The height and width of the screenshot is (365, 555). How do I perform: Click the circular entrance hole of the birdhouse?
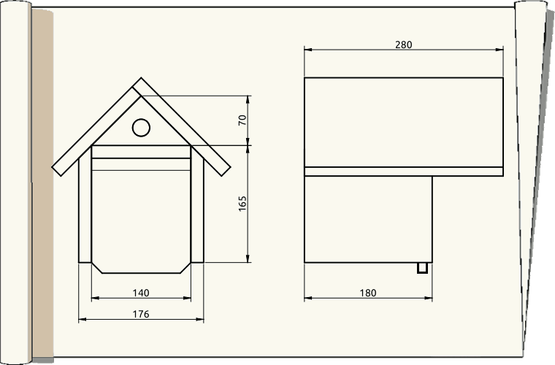click(141, 128)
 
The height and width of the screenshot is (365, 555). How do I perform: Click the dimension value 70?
click(242, 120)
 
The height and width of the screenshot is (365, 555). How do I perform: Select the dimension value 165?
click(242, 204)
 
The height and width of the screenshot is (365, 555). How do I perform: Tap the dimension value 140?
click(141, 293)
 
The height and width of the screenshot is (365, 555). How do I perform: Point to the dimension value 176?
click(141, 315)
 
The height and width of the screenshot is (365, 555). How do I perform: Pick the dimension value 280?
click(403, 45)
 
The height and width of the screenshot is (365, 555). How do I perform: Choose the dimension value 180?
click(368, 293)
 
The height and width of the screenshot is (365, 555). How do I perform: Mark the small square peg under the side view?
click(422, 268)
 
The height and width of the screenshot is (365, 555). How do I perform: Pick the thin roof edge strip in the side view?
click(403, 172)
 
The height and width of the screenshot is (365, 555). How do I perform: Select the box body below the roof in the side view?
click(368, 219)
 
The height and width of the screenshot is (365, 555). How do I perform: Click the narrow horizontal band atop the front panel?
click(141, 152)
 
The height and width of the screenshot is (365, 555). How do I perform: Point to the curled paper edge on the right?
click(531, 182)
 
